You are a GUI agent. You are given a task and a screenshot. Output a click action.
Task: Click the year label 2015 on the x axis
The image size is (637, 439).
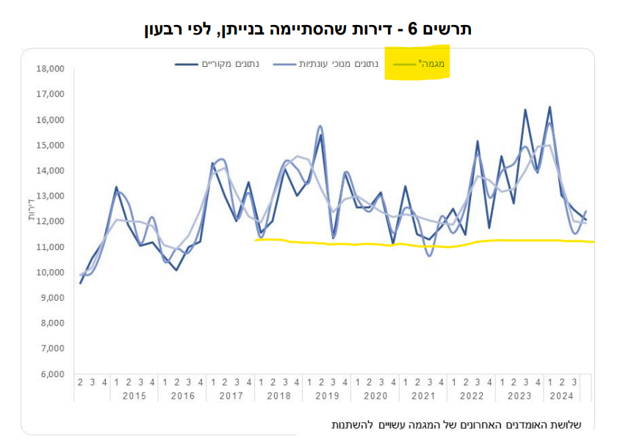134,396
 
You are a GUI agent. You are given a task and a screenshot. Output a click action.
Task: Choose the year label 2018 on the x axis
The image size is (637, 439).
278,396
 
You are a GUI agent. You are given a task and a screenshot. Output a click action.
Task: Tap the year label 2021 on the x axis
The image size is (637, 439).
423,396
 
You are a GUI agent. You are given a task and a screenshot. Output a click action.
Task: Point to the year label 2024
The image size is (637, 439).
562,396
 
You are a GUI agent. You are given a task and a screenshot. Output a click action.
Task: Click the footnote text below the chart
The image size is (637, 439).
456,425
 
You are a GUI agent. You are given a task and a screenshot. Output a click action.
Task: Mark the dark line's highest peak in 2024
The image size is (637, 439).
550,107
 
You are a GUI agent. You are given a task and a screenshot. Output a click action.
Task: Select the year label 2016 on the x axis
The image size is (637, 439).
182,396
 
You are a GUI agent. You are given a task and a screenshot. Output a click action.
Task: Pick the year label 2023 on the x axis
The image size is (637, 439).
519,396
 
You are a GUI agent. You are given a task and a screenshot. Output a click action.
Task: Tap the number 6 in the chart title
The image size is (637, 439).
412,29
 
